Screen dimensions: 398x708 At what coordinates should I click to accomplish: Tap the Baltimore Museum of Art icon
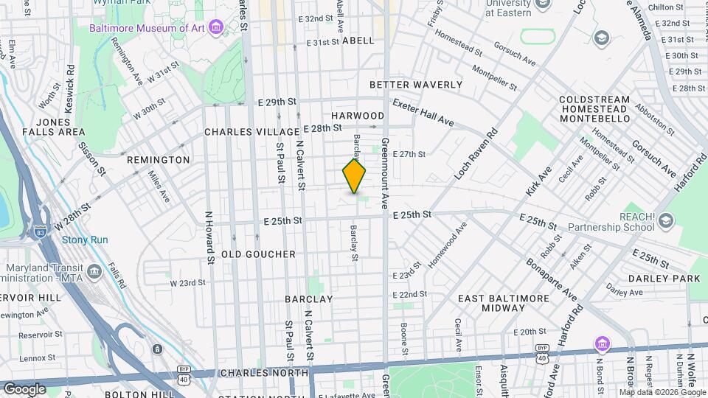click(x=216, y=28)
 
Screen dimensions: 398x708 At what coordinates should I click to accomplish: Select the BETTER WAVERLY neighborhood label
click(x=416, y=85)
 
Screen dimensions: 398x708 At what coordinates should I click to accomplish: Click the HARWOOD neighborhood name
click(x=358, y=116)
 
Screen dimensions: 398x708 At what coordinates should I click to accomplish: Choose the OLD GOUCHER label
click(x=253, y=254)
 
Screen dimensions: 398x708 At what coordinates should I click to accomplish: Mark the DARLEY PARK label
click(x=664, y=279)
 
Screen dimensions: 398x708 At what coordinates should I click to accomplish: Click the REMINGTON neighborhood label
click(x=159, y=160)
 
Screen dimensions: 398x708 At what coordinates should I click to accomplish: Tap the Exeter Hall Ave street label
click(x=423, y=112)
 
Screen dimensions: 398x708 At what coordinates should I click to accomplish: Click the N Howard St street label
click(x=210, y=237)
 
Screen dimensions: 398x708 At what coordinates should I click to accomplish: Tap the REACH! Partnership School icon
click(x=666, y=220)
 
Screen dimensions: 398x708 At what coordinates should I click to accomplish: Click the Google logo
click(x=24, y=388)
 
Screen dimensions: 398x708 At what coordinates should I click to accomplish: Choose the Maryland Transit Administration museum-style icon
click(x=94, y=272)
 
